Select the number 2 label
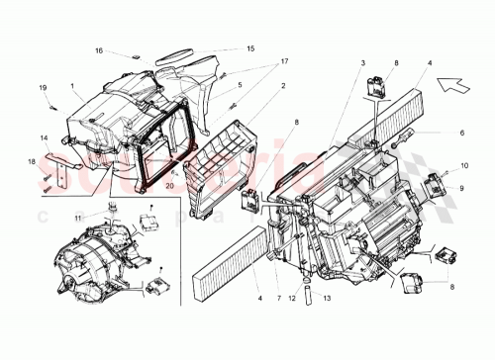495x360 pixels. (283, 86)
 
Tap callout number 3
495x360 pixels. (362, 63)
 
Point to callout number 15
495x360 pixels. (250, 47)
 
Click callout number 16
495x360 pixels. (99, 50)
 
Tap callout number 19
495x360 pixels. (43, 89)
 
